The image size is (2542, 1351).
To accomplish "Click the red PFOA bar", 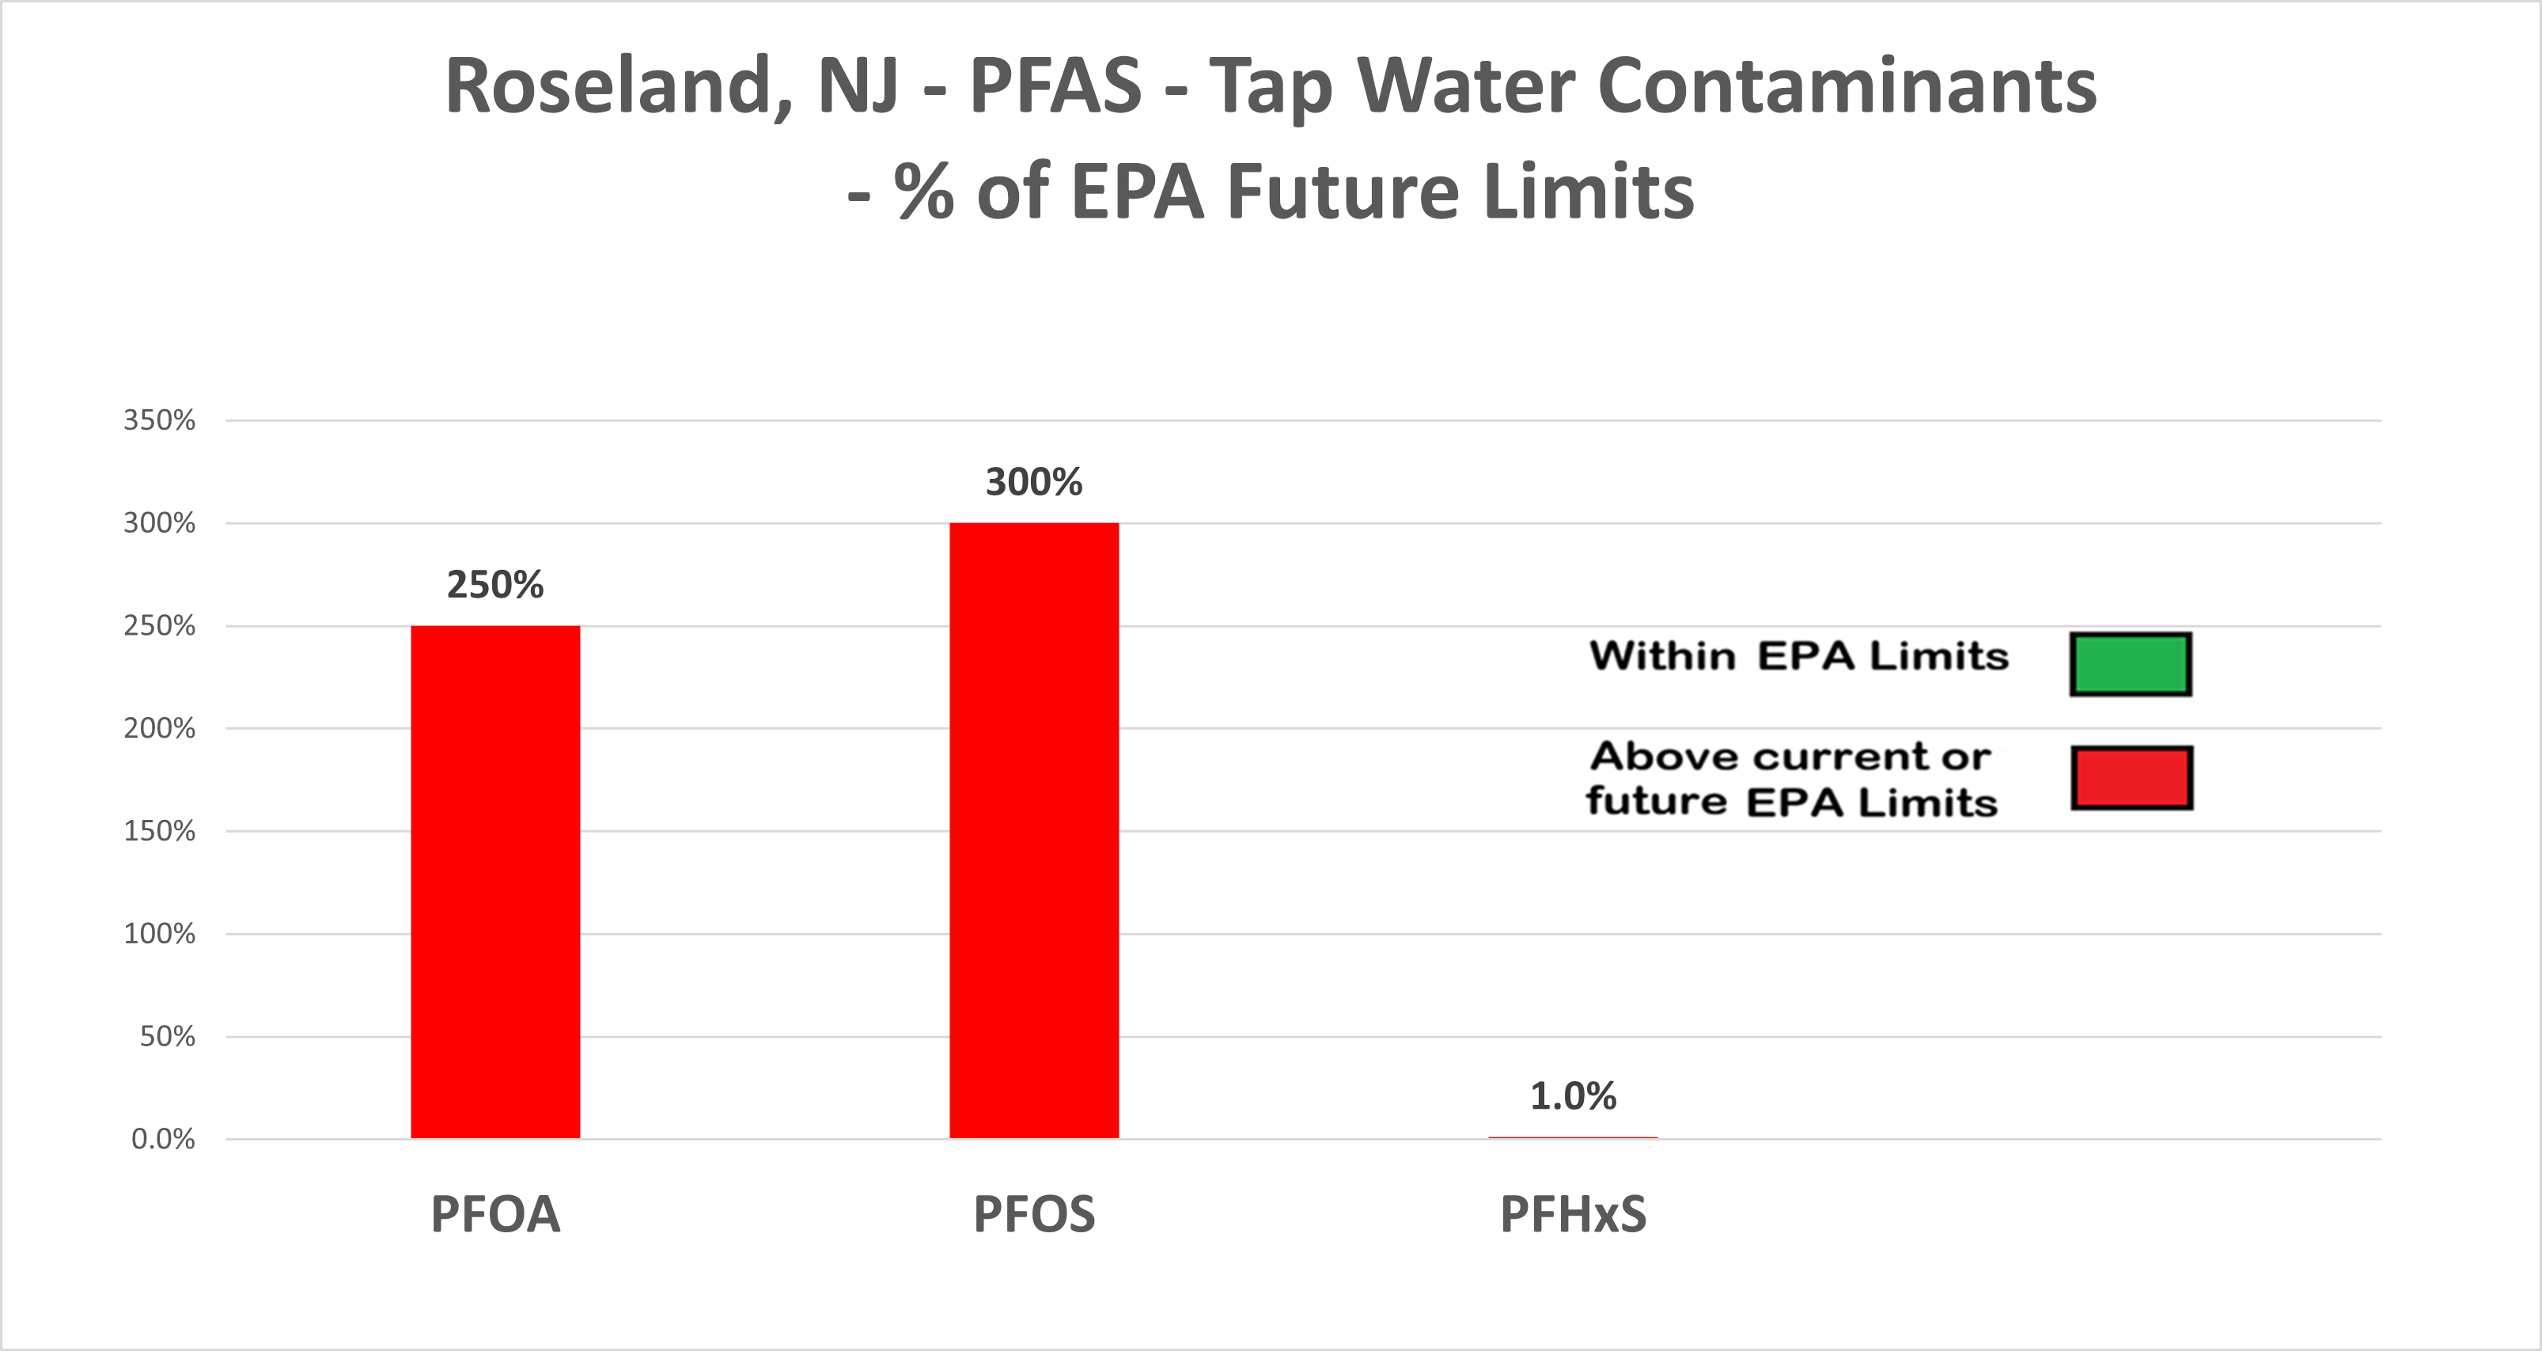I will tap(495, 881).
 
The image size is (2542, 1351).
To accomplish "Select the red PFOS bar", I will tap(1034, 830).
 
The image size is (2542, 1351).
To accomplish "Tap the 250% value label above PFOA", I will tap(495, 585).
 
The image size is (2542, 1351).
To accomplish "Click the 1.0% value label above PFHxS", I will tap(1573, 1096).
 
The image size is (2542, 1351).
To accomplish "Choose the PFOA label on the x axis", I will tap(495, 1214).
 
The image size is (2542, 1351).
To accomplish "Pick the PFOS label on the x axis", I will tap(1034, 1214).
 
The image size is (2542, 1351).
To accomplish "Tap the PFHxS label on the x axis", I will tap(1573, 1214).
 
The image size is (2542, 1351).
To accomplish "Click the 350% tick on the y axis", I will tap(159, 420).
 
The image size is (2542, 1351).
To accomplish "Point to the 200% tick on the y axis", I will tap(159, 728).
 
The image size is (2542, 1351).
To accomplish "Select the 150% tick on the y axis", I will tap(159, 831).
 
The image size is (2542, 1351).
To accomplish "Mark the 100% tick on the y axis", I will tap(159, 934).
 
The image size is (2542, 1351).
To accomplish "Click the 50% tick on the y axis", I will tap(167, 1036).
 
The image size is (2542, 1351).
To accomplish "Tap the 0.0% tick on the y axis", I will tap(163, 1140).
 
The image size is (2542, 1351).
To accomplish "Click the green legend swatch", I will tap(2131, 664).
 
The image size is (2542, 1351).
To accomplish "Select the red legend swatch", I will tap(2131, 778).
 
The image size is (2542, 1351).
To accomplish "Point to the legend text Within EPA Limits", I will tap(1798, 656).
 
